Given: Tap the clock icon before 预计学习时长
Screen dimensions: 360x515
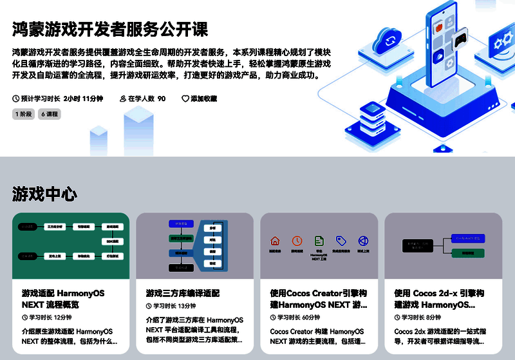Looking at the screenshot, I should [x=16, y=99].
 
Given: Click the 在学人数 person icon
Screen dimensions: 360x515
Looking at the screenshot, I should [x=123, y=99].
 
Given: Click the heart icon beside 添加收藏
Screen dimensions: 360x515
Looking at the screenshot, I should [x=185, y=99].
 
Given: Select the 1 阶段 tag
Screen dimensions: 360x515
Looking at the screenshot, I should [x=24, y=114].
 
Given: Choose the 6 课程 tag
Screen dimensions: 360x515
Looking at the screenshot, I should [x=50, y=114].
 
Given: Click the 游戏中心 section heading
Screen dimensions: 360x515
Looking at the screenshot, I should [x=44, y=194].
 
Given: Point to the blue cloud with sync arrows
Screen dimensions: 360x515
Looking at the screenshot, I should [x=389, y=40].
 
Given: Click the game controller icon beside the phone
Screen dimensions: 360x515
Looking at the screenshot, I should [x=460, y=42].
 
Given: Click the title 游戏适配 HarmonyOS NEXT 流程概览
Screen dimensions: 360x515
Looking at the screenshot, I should [x=63, y=299].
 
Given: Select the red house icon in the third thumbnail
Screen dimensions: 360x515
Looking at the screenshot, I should [x=275, y=241].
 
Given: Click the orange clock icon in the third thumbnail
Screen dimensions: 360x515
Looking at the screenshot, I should [x=297, y=241].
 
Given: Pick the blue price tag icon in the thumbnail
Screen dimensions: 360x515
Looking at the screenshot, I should [x=341, y=241].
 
